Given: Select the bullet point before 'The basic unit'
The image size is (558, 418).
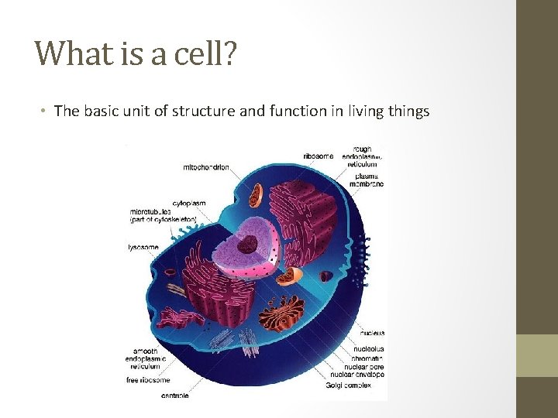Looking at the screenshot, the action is click(x=46, y=111).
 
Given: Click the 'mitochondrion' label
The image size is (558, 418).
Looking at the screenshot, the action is click(x=205, y=167).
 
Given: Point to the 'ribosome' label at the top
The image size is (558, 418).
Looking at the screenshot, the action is click(x=319, y=156).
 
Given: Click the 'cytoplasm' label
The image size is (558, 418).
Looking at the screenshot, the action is click(x=188, y=204).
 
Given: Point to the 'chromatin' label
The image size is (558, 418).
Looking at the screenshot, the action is click(x=369, y=358).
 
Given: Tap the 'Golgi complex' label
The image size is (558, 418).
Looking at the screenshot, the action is click(x=350, y=385).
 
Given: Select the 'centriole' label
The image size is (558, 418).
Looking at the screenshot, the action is click(x=174, y=396).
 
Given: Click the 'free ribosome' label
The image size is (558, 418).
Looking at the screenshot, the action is click(x=148, y=380).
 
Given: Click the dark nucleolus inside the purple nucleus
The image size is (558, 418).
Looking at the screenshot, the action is click(x=248, y=245).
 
